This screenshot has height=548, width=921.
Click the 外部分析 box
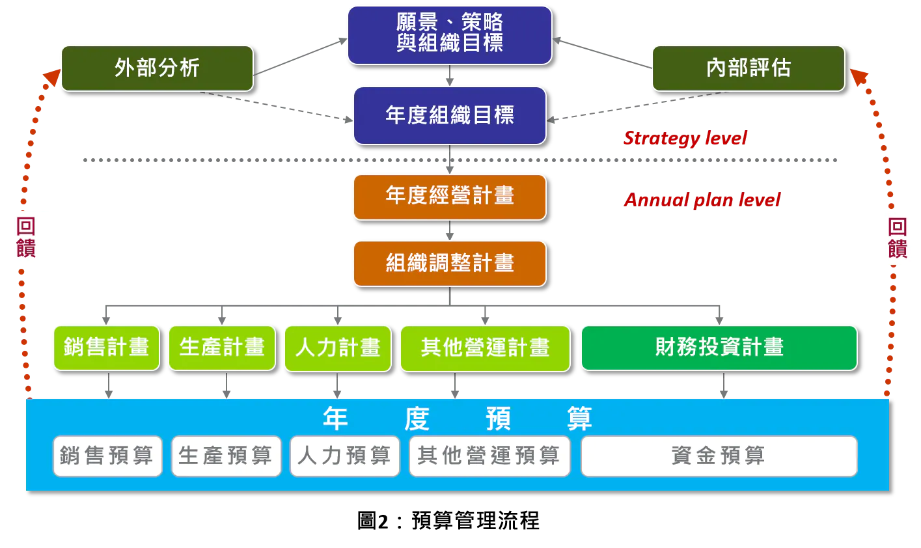tap(157, 68)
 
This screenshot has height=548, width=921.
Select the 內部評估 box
tap(748, 68)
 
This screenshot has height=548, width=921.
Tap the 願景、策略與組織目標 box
tap(449, 34)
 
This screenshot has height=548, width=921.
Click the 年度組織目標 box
tap(449, 115)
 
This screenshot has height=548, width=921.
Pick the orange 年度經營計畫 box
tap(449, 197)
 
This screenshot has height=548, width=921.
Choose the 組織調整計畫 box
tap(449, 263)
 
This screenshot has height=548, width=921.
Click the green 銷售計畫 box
tap(106, 348)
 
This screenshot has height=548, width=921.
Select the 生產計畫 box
tap(222, 348)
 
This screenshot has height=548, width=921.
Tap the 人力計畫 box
tap(337, 348)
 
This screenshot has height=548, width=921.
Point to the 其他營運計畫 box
tap(485, 348)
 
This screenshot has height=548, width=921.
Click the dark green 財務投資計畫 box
tap(719, 348)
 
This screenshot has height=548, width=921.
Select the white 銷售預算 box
tap(107, 456)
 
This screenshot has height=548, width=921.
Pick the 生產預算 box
tap(226, 456)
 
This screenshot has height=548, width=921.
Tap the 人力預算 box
tap(344, 456)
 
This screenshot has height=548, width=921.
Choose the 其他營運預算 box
tap(489, 456)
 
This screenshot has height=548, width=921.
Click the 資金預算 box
tap(719, 456)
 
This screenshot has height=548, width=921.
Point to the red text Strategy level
tap(685, 138)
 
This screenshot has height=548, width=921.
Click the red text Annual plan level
tap(702, 200)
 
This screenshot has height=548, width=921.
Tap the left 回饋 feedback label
tap(26, 238)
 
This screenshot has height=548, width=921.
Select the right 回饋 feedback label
tap(898, 238)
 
